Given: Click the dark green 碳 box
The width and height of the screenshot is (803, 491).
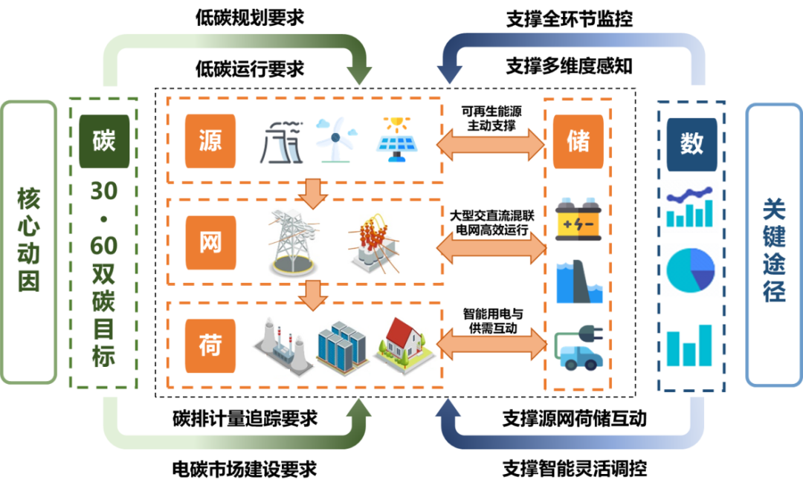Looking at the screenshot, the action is tap(104, 141).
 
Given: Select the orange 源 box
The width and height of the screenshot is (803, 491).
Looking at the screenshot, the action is tap(210, 141).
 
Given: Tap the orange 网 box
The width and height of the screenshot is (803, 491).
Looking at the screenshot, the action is tap(210, 242).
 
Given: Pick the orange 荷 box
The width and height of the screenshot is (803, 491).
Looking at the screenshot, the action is tap(210, 345).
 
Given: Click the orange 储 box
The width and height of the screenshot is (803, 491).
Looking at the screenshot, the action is tap(578, 142).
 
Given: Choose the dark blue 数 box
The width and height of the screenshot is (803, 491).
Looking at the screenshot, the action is tap(691, 145).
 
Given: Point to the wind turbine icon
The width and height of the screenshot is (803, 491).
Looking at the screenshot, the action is tap(336, 140).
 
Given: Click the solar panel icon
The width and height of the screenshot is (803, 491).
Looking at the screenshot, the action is tap(397, 140).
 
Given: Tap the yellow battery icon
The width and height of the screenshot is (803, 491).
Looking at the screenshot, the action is tap(578, 219).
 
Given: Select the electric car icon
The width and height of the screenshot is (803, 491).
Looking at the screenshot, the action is tap(578, 348).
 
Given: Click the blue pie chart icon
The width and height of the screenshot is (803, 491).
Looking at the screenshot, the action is tap(690, 270).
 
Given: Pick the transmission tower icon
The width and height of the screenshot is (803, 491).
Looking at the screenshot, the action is tap(293, 242).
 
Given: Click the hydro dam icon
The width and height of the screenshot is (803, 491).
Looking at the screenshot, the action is tap(579, 282).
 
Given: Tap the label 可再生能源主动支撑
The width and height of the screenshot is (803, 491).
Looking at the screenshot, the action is tap(491, 118).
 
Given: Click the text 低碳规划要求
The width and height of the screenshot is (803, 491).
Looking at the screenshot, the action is tap(249, 18).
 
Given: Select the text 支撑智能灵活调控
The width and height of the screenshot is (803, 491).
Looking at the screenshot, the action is tap(575, 469).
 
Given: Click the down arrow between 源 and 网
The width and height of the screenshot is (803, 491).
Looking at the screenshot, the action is tap(313, 193).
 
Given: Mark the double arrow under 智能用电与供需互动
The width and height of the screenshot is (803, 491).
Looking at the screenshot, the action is tap(491, 344).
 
